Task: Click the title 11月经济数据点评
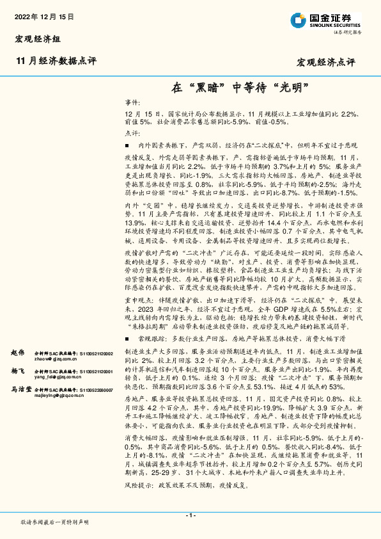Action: [55, 61]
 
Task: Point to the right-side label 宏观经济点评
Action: [326, 62]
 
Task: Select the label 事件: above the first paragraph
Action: [132, 102]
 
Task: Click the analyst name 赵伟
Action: [17, 353]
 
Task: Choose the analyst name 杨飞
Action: [17, 371]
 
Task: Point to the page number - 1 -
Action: [190, 515]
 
